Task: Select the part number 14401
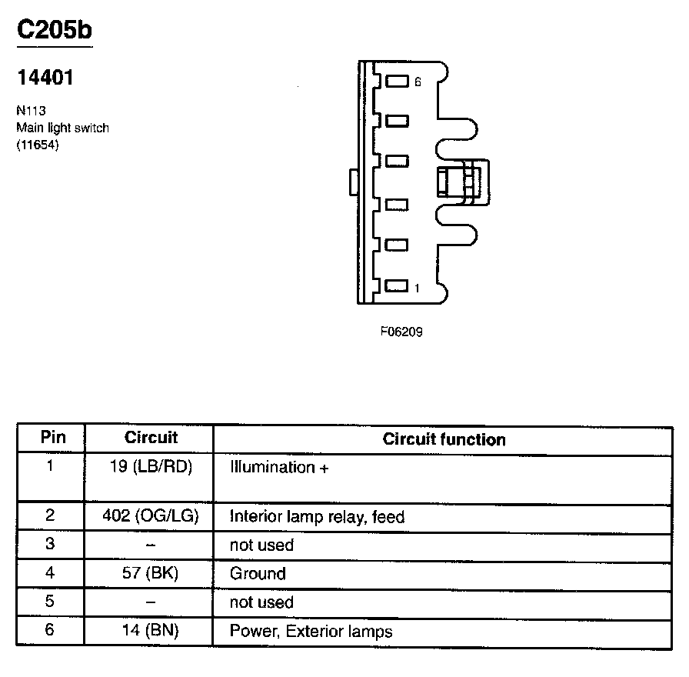coord(45,78)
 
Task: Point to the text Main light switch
coord(62,128)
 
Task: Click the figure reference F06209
coord(401,332)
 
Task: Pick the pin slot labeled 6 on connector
coord(397,81)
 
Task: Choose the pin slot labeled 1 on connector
coord(396,287)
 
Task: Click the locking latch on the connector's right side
coord(462,183)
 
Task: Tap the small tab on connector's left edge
coord(352,183)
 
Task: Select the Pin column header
coord(52,438)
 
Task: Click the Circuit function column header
coord(444,439)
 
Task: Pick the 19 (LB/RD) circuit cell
coord(151,467)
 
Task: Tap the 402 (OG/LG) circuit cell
coord(151,516)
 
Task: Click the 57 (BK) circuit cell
coord(151,573)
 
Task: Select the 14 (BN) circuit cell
coord(151,631)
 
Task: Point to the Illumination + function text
coord(278,467)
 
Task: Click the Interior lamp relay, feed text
coord(317,517)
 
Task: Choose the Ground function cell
coord(258,573)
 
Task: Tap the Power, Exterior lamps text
coord(311,632)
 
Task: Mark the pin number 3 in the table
coord(50,545)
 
